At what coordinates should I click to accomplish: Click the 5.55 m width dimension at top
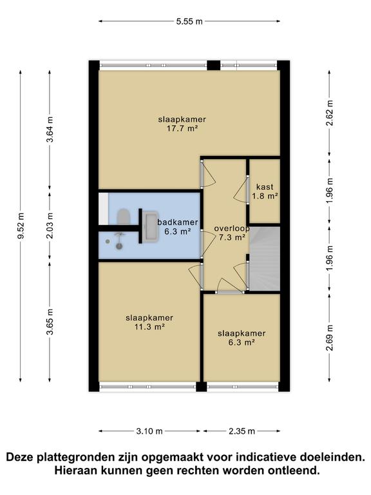[x=189, y=21]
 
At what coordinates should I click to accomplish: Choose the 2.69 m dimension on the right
[x=330, y=338]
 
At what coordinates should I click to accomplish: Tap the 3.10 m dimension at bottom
[x=150, y=431]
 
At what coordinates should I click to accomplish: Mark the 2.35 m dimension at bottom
[x=242, y=431]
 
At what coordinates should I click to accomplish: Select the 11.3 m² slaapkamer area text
[x=149, y=327]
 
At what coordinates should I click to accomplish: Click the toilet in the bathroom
[x=123, y=215]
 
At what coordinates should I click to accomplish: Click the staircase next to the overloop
[x=264, y=258]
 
